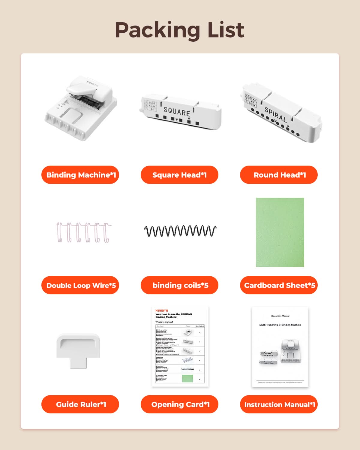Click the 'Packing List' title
coord(180,30)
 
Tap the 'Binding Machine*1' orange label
coord(80,175)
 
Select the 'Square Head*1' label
coord(179,175)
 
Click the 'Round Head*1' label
coord(279,175)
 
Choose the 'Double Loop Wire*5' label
coord(80,285)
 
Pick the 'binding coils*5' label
coord(179,285)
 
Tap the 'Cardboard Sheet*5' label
coord(279,285)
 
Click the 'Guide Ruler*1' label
coord(80,404)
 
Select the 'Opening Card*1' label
coord(179,404)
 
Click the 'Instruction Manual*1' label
coord(279,404)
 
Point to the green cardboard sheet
coord(280,232)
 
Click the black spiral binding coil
coord(180,231)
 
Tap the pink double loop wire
coord(83,232)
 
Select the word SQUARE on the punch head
coord(177,112)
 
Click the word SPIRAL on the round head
coord(275,114)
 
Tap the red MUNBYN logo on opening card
coord(162,310)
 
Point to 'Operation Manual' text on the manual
coord(280,316)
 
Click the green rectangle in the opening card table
coord(188,378)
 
